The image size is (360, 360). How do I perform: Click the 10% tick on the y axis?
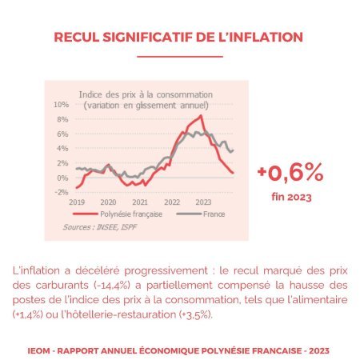click(x=61, y=105)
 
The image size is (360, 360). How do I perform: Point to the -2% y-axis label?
click(x=61, y=192)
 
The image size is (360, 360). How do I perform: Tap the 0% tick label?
click(x=62, y=178)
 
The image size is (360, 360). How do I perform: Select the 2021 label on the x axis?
click(x=140, y=202)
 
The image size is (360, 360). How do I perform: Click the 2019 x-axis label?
click(x=77, y=202)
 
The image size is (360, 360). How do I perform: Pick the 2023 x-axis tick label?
click(x=203, y=202)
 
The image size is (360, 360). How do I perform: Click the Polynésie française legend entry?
click(x=118, y=214)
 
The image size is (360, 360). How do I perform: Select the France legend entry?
click(x=201, y=214)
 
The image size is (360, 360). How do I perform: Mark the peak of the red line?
click(x=201, y=115)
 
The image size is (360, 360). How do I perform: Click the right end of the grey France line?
click(x=234, y=150)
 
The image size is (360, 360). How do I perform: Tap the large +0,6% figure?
click(x=290, y=173)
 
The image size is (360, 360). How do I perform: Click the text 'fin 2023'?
click(x=291, y=197)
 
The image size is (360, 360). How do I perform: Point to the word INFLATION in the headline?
click(x=266, y=37)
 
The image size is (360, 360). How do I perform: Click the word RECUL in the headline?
click(x=77, y=37)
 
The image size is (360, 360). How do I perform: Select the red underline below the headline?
click(x=180, y=57)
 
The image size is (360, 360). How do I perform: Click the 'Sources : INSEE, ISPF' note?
click(x=100, y=227)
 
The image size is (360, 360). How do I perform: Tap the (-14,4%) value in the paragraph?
click(x=112, y=286)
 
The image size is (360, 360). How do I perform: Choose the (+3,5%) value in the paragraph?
click(x=196, y=314)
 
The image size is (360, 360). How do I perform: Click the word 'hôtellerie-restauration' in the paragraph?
click(x=118, y=314)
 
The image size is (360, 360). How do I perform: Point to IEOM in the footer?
click(x=38, y=350)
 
